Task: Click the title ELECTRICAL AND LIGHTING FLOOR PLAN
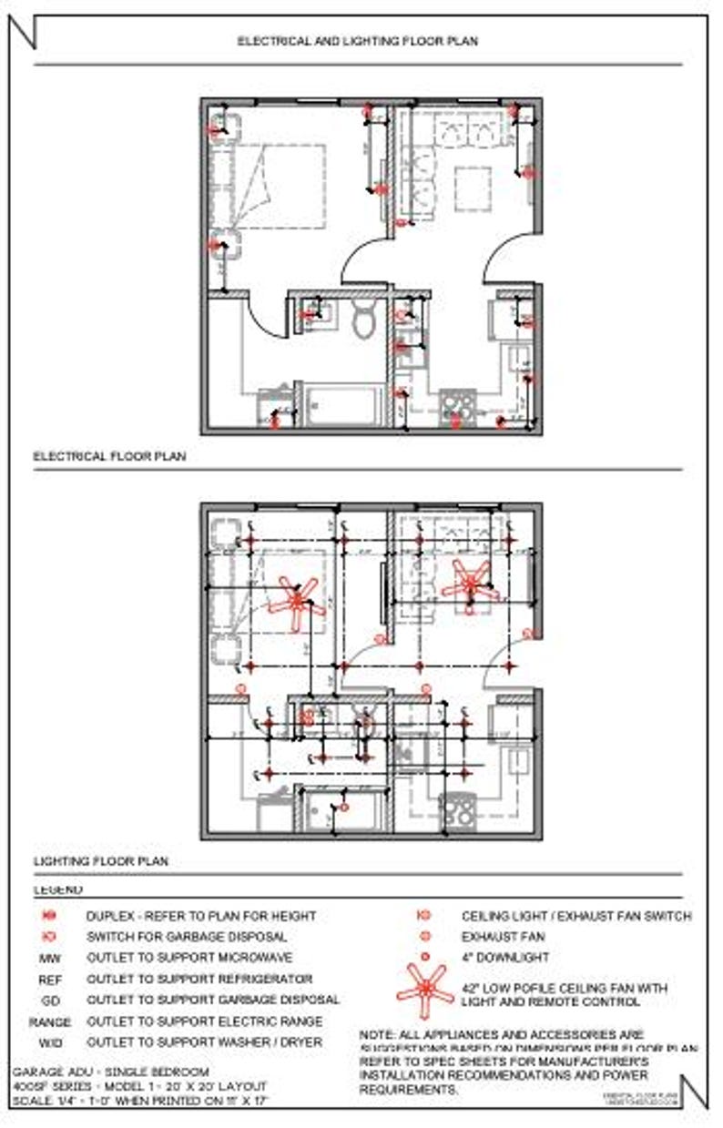pyautogui.click(x=357, y=41)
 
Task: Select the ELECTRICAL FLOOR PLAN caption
pyautogui.click(x=109, y=456)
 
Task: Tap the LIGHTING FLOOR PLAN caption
pyautogui.click(x=101, y=860)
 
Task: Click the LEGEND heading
pyautogui.click(x=57, y=889)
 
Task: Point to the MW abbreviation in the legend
pyautogui.click(x=49, y=959)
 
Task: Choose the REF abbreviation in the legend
pyautogui.click(x=49, y=980)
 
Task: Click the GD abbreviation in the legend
pyautogui.click(x=49, y=1001)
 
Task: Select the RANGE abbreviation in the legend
pyautogui.click(x=49, y=1021)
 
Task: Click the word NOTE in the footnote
pyautogui.click(x=377, y=1035)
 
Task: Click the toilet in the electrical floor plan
pyautogui.click(x=363, y=320)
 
